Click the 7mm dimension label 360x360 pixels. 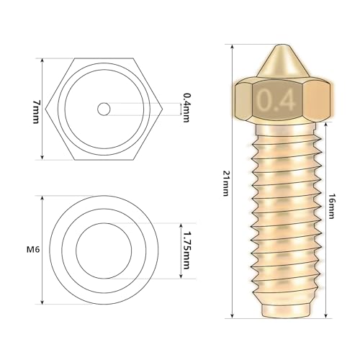pyautogui.click(x=35, y=112)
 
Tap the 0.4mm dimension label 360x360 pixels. pyautogui.click(x=186, y=108)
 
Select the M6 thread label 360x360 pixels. pyautogui.click(x=33, y=250)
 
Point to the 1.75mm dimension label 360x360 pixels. pyautogui.click(x=186, y=251)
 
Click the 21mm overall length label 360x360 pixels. pyautogui.click(x=225, y=184)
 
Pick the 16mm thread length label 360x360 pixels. pyautogui.click(x=331, y=206)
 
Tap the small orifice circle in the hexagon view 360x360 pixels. pyautogui.click(x=104, y=109)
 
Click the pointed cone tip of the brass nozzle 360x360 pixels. pyautogui.click(x=283, y=46)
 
